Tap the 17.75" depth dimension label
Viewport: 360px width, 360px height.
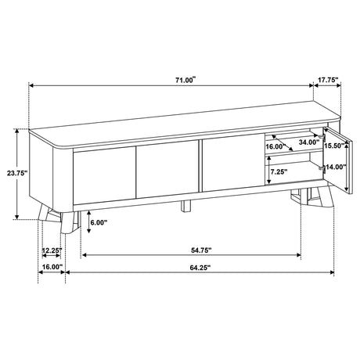(x=328, y=80)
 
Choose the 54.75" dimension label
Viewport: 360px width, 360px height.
(x=200, y=250)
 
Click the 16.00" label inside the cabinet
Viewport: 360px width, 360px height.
(x=274, y=146)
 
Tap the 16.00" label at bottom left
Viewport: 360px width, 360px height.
(x=52, y=267)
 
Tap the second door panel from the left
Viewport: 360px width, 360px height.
(x=166, y=171)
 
